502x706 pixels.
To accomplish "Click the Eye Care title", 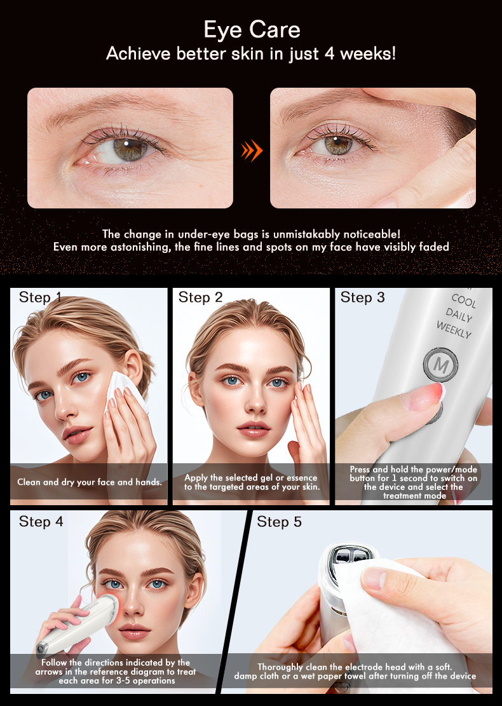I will (x=252, y=29).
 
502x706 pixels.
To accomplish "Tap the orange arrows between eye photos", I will (x=252, y=151).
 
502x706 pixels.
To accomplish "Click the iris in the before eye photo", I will (x=130, y=149).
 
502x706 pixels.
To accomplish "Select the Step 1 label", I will (x=40, y=297).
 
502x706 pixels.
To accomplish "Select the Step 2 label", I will (x=200, y=297).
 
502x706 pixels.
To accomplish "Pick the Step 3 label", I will (x=362, y=297).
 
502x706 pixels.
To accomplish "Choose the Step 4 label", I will (x=41, y=522).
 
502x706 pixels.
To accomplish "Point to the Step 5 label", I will (x=280, y=522).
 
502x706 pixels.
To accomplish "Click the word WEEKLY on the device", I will (x=454, y=330).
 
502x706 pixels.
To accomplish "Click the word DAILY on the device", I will (x=459, y=315).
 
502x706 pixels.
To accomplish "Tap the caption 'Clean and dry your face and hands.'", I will (x=90, y=482).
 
